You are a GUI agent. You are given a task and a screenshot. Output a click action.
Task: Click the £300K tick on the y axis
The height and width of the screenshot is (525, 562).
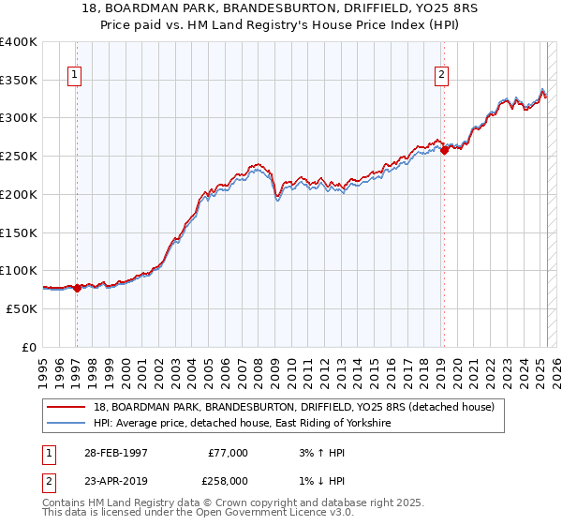click(x=19, y=118)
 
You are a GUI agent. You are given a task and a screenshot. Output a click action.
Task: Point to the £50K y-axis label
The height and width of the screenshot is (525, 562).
click(x=22, y=308)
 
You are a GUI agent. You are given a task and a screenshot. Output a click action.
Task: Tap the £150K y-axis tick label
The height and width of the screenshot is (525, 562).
click(x=19, y=232)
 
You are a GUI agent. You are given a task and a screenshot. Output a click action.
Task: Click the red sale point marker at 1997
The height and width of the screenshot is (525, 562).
click(x=77, y=288)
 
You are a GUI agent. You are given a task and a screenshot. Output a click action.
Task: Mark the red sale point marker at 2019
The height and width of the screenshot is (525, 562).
click(x=444, y=151)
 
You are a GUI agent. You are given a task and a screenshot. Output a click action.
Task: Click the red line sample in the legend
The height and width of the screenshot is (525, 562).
click(x=68, y=406)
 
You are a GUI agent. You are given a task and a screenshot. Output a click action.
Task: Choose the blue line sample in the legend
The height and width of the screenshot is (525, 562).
click(x=68, y=424)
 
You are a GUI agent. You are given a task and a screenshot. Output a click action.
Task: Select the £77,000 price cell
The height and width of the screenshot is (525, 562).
click(x=228, y=452)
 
